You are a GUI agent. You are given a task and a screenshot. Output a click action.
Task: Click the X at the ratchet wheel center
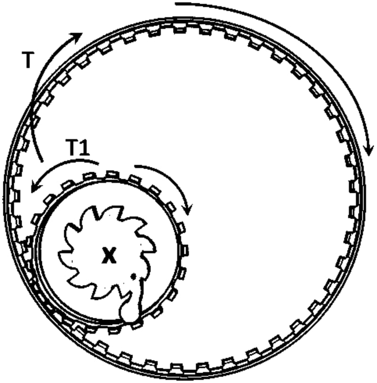[109, 256]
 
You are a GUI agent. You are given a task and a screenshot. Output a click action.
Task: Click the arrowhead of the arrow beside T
[78, 36]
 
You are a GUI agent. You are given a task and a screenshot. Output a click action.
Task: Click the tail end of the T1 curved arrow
[98, 163]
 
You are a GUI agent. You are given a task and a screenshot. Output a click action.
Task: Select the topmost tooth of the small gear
[111, 175]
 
